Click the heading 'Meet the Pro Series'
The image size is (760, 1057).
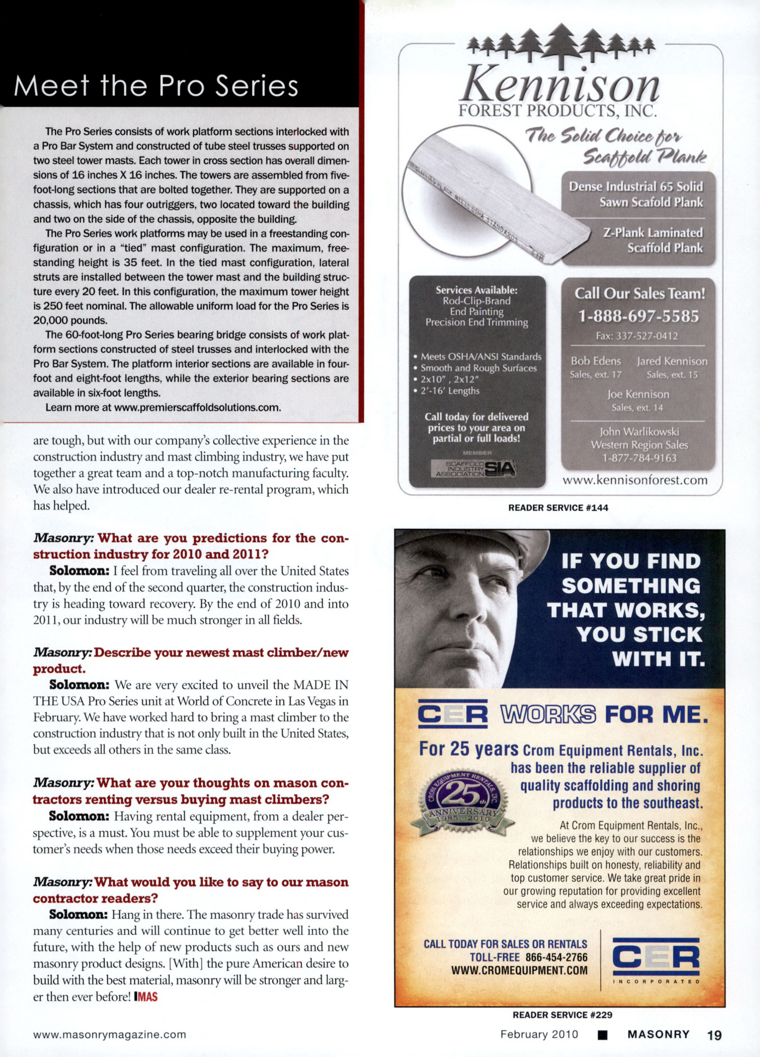[156, 86]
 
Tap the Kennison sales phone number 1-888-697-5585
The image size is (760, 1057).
[638, 316]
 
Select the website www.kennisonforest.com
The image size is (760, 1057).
[634, 480]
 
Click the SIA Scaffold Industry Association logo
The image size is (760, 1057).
[474, 468]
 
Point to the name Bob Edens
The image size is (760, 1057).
[596, 361]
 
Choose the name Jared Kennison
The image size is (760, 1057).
[672, 361]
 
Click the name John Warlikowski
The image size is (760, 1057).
[639, 432]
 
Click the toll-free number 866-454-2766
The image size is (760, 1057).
[556, 957]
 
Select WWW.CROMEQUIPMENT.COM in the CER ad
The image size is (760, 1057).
[519, 971]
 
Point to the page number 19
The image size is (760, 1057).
[714, 1035]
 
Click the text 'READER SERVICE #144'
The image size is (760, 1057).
[558, 507]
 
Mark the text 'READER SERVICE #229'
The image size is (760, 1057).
[562, 1014]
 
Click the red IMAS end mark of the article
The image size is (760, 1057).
[146, 996]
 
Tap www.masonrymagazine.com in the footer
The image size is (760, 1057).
[110, 1034]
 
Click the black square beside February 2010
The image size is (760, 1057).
[602, 1035]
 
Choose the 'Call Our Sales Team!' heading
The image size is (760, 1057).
[639, 294]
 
